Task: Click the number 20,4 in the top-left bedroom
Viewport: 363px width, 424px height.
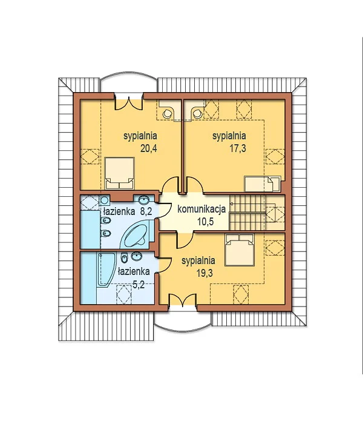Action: [x=149, y=148]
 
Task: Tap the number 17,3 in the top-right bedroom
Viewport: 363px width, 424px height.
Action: [x=238, y=148]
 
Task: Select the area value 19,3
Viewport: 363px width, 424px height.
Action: [x=204, y=273]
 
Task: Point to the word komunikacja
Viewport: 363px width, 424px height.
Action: [x=201, y=209]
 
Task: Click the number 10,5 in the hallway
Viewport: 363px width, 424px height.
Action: [x=205, y=222]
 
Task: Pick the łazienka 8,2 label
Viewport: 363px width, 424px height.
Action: [x=128, y=211]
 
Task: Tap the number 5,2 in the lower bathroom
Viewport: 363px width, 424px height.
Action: [x=139, y=285]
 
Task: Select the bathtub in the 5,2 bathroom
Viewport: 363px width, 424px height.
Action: [x=106, y=269]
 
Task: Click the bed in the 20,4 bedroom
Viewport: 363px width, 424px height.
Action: [x=119, y=173]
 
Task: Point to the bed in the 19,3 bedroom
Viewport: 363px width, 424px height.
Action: [x=240, y=250]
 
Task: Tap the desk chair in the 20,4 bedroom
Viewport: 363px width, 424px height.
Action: [x=167, y=114]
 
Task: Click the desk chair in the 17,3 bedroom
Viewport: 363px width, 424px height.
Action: [x=197, y=114]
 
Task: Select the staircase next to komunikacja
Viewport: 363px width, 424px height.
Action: [x=247, y=212]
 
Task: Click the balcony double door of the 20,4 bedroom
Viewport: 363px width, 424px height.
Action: [x=128, y=103]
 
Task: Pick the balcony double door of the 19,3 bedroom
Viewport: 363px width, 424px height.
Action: [x=183, y=301]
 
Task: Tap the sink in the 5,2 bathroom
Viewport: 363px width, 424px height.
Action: [x=137, y=256]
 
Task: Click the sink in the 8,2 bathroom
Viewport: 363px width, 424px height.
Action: [x=144, y=200]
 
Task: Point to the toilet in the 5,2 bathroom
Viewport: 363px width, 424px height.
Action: [x=124, y=257]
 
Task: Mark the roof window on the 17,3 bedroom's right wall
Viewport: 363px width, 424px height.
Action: [x=275, y=156]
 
